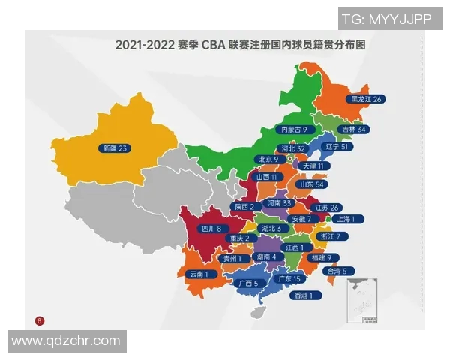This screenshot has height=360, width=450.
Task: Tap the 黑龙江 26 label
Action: [367, 99]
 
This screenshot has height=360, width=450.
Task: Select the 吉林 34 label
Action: [352, 129]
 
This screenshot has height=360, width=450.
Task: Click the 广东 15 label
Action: [289, 278]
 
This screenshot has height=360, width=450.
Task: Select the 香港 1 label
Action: [306, 295]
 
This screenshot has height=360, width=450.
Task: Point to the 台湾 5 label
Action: [334, 270]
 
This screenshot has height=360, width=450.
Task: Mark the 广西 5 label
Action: [246, 283]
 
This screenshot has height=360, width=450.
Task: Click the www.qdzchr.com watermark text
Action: [66, 340]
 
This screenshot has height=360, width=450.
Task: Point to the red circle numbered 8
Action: [40, 320]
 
